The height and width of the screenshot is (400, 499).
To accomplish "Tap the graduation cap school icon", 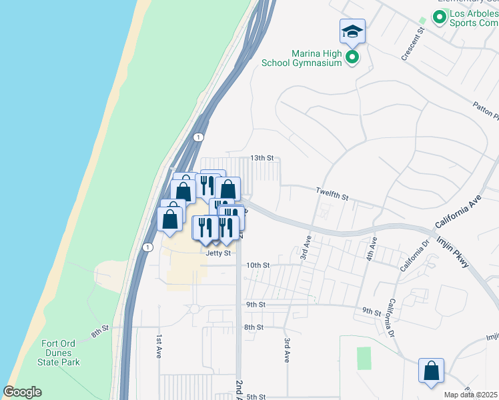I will [352, 31].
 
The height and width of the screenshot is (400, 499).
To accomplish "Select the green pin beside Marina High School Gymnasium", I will [352, 59].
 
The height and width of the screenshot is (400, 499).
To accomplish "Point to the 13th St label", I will [262, 158].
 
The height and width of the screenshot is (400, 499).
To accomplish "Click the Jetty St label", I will [218, 253].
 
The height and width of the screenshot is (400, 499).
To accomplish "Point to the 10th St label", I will [258, 265].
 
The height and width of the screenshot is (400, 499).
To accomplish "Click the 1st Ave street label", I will [159, 347].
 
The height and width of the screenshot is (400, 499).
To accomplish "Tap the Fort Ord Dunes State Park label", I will [61, 353].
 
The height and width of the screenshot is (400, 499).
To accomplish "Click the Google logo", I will [22, 392].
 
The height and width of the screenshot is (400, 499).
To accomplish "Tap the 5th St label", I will [256, 397].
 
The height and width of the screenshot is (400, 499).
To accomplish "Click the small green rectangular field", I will [364, 358].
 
